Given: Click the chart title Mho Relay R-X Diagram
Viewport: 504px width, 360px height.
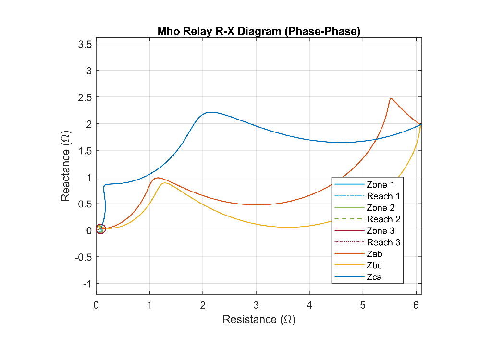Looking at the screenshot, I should (259, 32).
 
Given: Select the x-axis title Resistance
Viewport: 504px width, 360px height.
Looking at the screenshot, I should (259, 319).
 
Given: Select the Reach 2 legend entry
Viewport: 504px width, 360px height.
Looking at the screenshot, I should (383, 219).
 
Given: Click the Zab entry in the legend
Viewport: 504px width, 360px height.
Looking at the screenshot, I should (374, 254).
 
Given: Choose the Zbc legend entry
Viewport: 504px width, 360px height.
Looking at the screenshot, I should (374, 265).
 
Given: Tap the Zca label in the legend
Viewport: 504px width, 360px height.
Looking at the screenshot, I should (374, 277).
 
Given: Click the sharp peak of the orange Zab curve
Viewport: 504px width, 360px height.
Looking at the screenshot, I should (391, 99).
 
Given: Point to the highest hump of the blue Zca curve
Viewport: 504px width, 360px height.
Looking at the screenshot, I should (210, 112).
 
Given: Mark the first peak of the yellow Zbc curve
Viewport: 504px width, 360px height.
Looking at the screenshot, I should (165, 183).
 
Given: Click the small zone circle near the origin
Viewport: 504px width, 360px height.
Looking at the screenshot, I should (100, 229).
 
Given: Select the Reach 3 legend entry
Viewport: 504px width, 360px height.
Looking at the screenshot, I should (383, 242).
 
